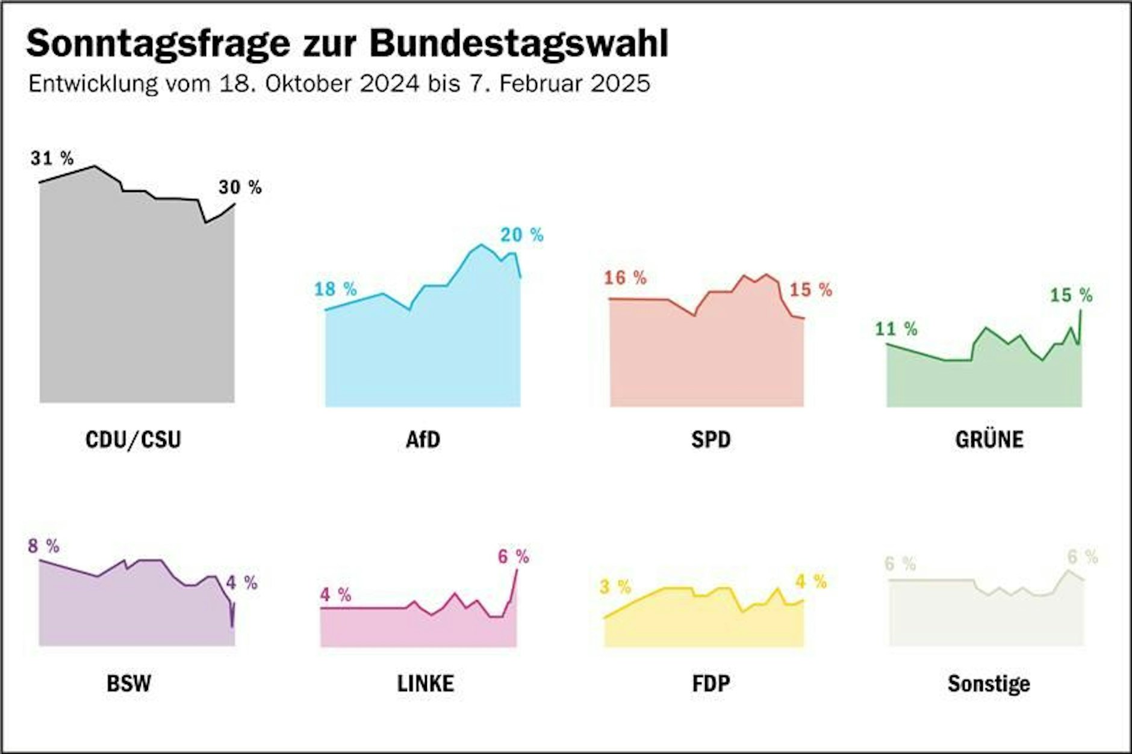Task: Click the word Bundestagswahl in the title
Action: pyautogui.click(x=518, y=43)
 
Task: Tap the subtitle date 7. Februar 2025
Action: pyautogui.click(x=559, y=83)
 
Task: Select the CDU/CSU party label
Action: pyautogui.click(x=133, y=439)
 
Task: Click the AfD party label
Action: pyautogui.click(x=423, y=439)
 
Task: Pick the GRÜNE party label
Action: pyautogui.click(x=989, y=439)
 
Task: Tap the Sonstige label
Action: pyautogui.click(x=989, y=684)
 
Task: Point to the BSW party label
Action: pyautogui.click(x=128, y=684)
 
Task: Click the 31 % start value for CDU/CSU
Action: pyautogui.click(x=52, y=158)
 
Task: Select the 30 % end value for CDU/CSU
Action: pyautogui.click(x=240, y=187)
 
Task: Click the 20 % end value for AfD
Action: pyautogui.click(x=521, y=235)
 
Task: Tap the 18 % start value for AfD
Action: pyautogui.click(x=335, y=289)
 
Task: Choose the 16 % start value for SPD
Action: pyautogui.click(x=625, y=277)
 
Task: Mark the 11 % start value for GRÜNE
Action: pyautogui.click(x=896, y=329)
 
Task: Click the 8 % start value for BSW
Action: pyautogui.click(x=43, y=546)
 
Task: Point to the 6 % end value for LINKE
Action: pyautogui.click(x=513, y=557)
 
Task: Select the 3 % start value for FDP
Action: pyautogui.click(x=615, y=587)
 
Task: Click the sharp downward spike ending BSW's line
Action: pyautogui.click(x=232, y=625)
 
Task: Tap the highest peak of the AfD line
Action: pyautogui.click(x=481, y=245)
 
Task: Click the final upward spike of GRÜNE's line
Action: pyautogui.click(x=1081, y=312)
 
